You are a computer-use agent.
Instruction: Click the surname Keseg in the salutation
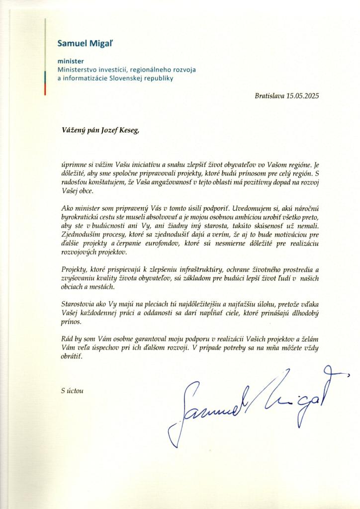click(124, 130)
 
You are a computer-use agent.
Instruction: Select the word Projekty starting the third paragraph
click(71, 269)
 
